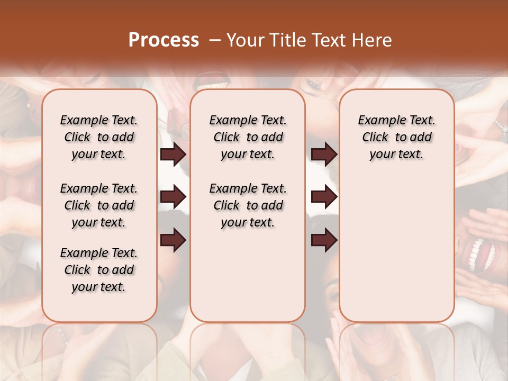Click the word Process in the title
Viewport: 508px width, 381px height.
coord(164,40)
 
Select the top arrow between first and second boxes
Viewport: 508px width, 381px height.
coord(173,155)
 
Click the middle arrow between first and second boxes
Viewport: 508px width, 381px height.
coord(173,197)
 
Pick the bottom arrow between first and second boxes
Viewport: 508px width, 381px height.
coord(173,241)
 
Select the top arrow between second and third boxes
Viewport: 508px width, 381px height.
coord(324,155)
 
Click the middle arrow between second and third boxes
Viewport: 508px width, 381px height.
coord(324,197)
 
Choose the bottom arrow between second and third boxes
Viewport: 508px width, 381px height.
coord(324,241)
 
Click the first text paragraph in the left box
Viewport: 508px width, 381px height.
coord(99,137)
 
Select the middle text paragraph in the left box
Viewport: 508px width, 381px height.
coord(99,205)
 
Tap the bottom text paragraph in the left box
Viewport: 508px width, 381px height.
coord(99,270)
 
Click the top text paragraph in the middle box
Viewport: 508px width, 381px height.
coord(248,137)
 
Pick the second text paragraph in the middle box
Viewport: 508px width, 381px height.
coord(248,205)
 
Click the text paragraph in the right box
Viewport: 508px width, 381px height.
coord(396,137)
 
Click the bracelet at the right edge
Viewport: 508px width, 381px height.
coord(500,127)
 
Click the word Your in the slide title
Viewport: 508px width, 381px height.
coord(244,40)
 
